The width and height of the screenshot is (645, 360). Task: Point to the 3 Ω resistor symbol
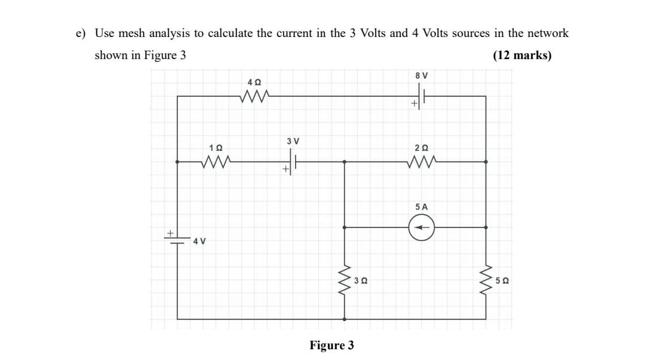[345, 280]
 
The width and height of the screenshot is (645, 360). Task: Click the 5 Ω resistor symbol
[486, 280]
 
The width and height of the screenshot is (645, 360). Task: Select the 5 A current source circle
[422, 227]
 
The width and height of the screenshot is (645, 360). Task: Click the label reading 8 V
[421, 75]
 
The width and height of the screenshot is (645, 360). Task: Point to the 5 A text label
[421, 207]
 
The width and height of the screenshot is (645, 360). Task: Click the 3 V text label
[293, 141]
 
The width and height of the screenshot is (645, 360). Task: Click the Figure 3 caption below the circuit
[331, 346]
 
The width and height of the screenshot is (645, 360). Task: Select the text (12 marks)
[522, 56]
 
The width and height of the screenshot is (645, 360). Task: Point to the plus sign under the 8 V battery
[414, 104]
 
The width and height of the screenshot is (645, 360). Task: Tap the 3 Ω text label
[360, 280]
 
